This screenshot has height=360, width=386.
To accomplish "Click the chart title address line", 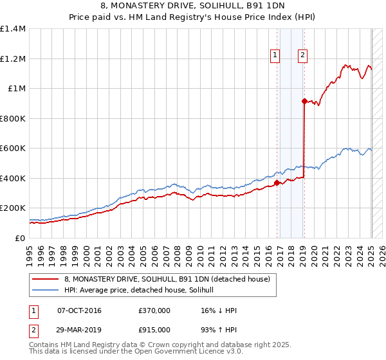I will [193, 6].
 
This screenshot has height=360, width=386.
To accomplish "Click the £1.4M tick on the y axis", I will [13, 29].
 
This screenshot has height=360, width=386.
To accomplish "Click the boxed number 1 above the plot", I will [275, 56].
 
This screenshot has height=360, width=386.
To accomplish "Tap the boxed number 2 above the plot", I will [302, 56].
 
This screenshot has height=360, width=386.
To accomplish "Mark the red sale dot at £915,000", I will [304, 101].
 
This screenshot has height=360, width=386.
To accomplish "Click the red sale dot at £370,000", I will [277, 183].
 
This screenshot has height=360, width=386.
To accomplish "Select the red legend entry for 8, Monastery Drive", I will [170, 279].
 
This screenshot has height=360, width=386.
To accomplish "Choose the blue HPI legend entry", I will [143, 291].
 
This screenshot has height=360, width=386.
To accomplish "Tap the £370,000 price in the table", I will [154, 310].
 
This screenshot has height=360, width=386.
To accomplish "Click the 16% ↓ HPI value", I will [219, 310].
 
